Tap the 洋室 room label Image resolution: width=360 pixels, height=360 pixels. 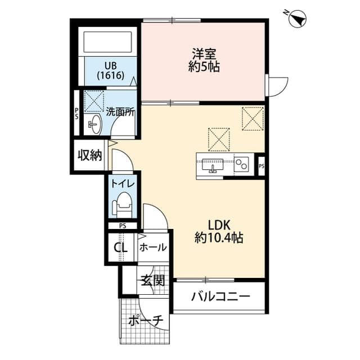tap(203, 55)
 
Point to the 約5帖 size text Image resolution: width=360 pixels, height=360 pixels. tap(203, 67)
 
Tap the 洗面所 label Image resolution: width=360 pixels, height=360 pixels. tap(120, 111)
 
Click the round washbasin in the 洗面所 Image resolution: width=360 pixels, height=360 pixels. tap(93, 125)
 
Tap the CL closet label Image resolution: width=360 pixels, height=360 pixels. tap(121, 247)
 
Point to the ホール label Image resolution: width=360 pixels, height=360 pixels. tap(152, 247)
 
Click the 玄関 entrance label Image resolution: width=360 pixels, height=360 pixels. tap(152, 280)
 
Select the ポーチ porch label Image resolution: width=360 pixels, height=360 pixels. tap(145, 321)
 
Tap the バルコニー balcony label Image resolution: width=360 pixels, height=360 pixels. tap(219, 296)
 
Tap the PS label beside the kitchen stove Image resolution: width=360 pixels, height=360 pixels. tap(261, 166)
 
